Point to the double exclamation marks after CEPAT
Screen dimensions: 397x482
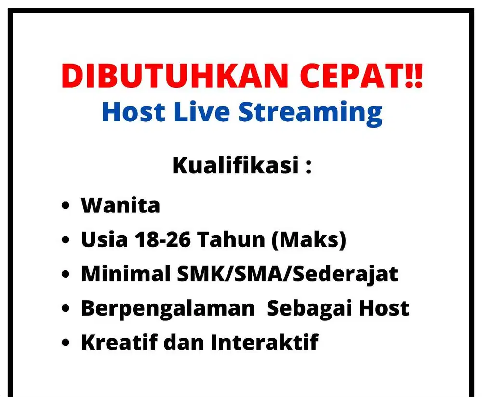coord(415,76)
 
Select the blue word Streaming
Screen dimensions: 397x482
coord(311,112)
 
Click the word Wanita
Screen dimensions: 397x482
coord(120,206)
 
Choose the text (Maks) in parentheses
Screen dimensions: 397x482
coord(309,240)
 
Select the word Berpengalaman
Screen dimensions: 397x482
coord(167,308)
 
